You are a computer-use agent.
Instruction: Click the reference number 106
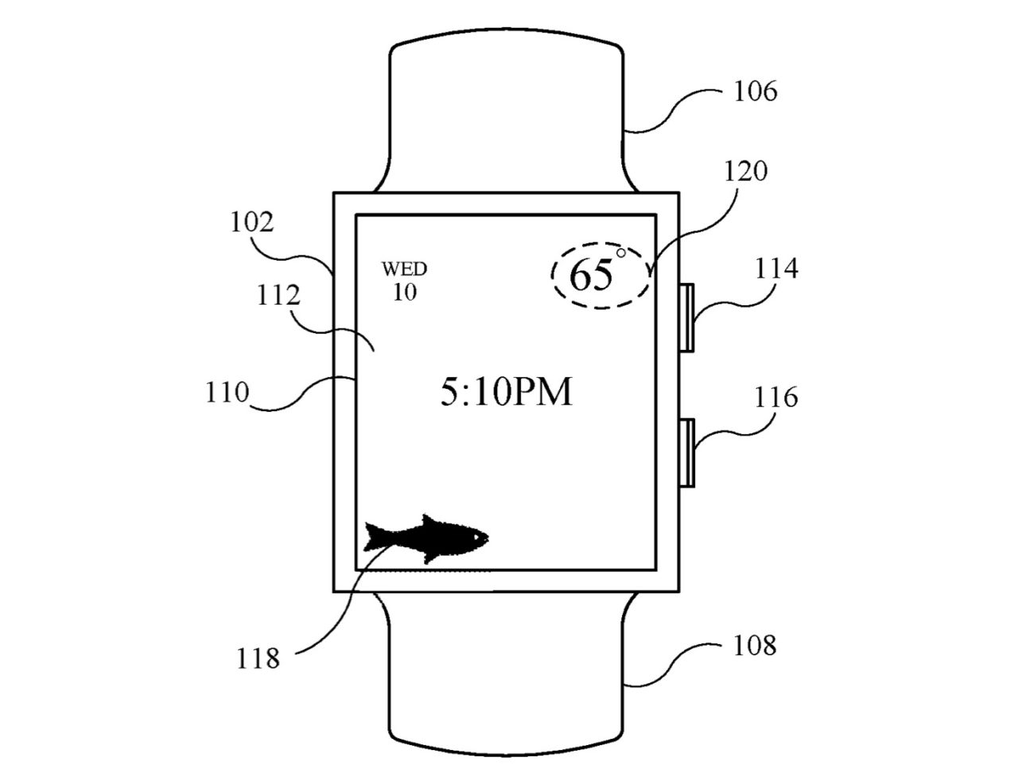click(755, 91)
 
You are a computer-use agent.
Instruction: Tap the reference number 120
click(746, 171)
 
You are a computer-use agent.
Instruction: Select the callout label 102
click(252, 222)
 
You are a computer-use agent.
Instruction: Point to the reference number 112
click(278, 295)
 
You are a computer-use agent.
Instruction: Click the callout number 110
click(227, 392)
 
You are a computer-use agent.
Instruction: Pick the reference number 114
click(777, 269)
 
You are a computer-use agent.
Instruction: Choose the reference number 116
click(776, 397)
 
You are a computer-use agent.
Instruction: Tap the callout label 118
click(258, 658)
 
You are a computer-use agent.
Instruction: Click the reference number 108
click(755, 645)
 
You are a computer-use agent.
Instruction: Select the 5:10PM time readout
click(507, 392)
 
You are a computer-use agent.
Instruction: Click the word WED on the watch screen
click(405, 269)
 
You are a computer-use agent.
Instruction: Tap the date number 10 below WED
click(405, 292)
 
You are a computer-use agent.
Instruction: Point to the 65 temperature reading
click(591, 275)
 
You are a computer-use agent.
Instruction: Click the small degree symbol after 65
click(620, 253)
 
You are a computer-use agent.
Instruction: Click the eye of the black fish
click(476, 537)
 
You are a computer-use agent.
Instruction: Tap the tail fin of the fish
click(375, 537)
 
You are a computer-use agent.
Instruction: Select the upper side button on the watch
click(687, 317)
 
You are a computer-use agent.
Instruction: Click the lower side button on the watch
click(687, 453)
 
